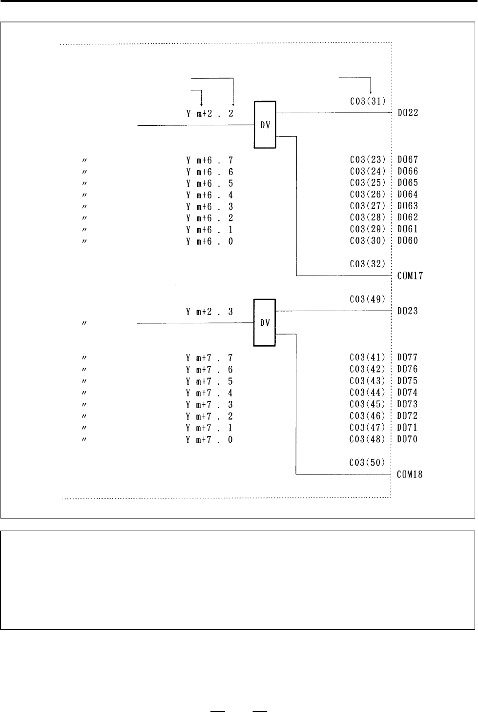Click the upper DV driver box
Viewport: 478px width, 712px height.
pos(265,125)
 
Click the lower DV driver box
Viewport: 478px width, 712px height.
pos(265,323)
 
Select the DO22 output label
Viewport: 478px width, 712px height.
pos(408,113)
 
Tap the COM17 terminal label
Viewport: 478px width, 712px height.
pos(410,276)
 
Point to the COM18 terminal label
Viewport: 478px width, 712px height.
pos(410,475)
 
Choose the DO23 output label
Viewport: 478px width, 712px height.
pos(407,311)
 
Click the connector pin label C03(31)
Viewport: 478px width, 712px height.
pos(368,101)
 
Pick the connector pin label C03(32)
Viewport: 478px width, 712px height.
pos(368,264)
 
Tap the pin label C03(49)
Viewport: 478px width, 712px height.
pos(368,299)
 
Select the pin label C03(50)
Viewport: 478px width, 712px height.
pos(367,463)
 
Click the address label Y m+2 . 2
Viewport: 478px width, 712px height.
pos(210,114)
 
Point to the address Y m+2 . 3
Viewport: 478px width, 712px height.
pos(210,312)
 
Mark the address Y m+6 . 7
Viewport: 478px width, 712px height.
pos(210,160)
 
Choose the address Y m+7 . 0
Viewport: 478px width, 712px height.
pos(209,440)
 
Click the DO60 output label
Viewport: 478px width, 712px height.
pos(408,240)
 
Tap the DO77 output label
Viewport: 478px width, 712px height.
pos(407,357)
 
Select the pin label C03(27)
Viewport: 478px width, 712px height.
pos(368,206)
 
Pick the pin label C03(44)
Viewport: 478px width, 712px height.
pos(367,393)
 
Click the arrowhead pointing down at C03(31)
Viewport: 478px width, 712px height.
pos(371,92)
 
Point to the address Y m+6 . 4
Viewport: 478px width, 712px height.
pos(210,195)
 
